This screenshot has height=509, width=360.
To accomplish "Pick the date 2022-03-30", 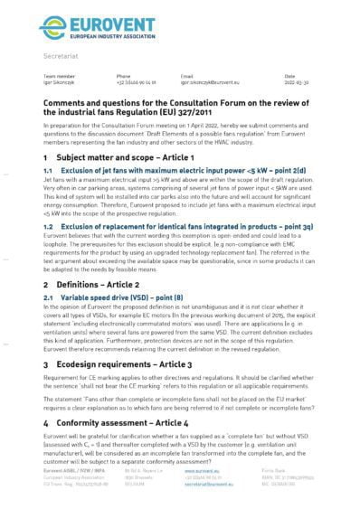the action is [x=296, y=80].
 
